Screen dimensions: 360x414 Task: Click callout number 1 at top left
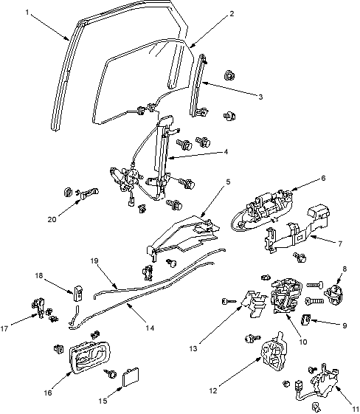(27, 12)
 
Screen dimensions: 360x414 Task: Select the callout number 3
(260, 97)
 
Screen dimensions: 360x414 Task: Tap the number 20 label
(52, 219)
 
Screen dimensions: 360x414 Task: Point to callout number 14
(150, 328)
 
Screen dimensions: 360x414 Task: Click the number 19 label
(94, 261)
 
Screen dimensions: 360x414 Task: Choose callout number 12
(213, 390)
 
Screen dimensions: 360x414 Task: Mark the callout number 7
(340, 244)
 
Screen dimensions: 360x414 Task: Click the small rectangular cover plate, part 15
(131, 378)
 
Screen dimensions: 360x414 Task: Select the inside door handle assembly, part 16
(90, 358)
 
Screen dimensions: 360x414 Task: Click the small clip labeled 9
(305, 320)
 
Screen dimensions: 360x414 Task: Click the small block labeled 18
(77, 293)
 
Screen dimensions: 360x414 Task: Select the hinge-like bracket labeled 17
(38, 308)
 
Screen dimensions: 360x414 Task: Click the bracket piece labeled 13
(255, 303)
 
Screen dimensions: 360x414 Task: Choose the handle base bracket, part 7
(297, 230)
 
